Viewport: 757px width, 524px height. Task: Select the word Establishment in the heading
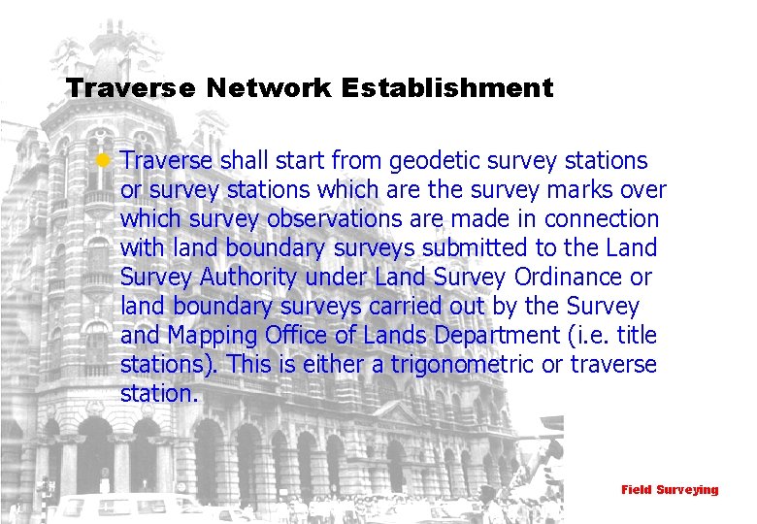pos(447,89)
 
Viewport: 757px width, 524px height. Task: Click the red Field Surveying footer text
pos(670,490)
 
